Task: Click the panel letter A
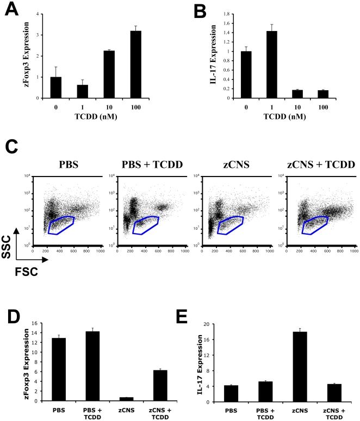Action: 11,10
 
